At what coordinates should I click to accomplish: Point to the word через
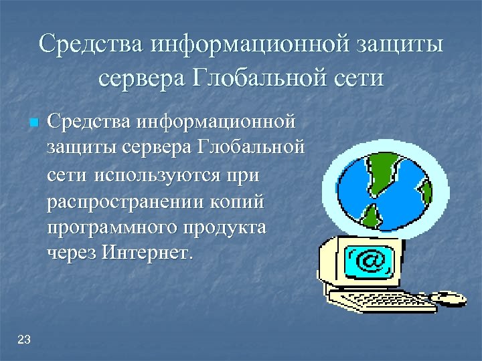72,253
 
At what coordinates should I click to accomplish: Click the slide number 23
24,340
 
